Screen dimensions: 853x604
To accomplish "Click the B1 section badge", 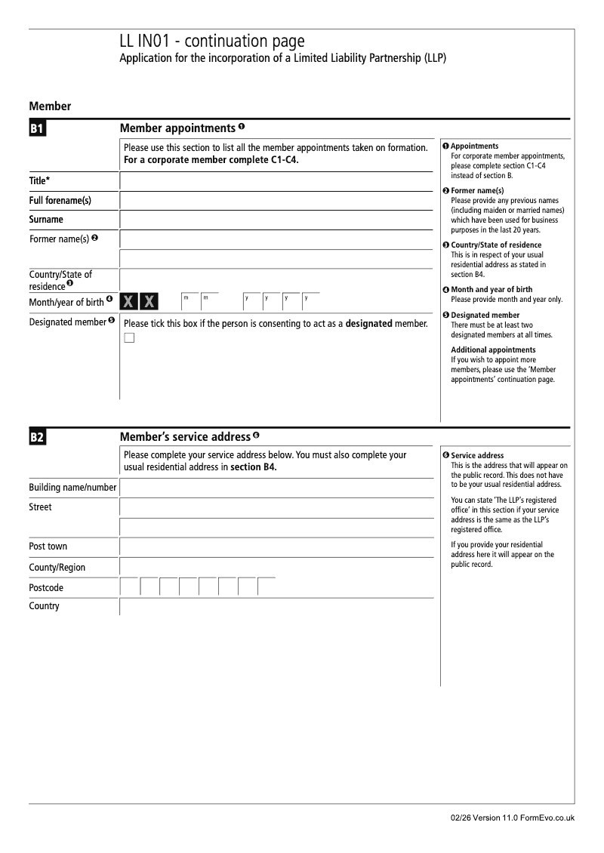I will click(x=38, y=129).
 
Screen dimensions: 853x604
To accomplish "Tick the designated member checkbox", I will click(x=129, y=337).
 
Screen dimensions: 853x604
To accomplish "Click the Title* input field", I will click(x=276, y=181).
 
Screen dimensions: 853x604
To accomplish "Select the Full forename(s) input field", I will click(x=276, y=201).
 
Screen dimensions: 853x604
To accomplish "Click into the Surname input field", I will click(x=276, y=220).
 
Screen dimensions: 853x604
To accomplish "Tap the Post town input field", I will click(x=276, y=547).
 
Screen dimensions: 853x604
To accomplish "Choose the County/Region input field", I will click(x=276, y=567).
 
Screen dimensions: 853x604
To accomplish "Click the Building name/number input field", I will click(x=276, y=488).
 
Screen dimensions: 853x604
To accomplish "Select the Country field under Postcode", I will click(x=276, y=607).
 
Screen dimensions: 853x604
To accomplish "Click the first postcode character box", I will click(x=130, y=587).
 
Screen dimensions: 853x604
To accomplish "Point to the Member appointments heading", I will click(x=177, y=128).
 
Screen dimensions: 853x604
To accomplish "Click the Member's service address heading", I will click(x=185, y=437).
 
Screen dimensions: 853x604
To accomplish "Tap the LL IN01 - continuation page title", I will click(x=212, y=42).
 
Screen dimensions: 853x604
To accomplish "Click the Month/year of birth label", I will click(x=66, y=301).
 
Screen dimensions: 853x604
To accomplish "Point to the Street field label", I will click(x=41, y=507).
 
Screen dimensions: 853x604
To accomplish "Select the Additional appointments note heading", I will click(x=493, y=350).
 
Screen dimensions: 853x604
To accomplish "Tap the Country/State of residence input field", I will click(x=276, y=279).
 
